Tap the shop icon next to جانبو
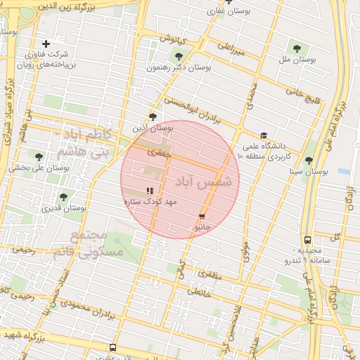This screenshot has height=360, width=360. (x=202, y=217)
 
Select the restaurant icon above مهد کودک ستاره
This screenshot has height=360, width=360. (x=149, y=191)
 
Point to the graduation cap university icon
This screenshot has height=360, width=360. (x=264, y=136)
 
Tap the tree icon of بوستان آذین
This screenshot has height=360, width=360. (x=153, y=117)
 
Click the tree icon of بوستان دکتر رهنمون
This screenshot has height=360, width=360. (x=179, y=56)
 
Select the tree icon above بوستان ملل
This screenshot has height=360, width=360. (x=297, y=49)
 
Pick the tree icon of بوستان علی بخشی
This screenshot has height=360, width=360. (x=39, y=157)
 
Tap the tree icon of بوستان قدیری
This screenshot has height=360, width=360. (x=63, y=197)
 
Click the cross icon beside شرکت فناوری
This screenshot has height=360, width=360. (x=46, y=44)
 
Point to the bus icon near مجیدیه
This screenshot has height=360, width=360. (x=307, y=239)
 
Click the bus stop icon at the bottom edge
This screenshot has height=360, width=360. (x=113, y=347)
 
